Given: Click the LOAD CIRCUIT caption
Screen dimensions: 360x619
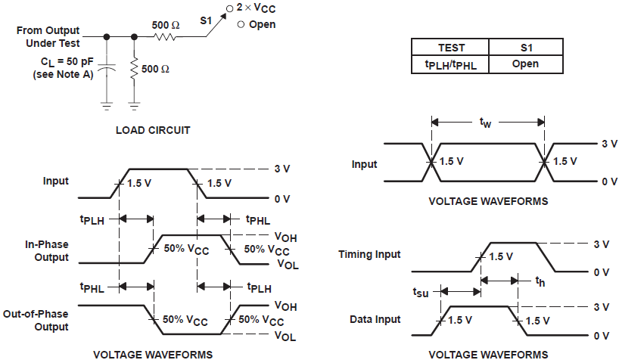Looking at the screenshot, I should click(152, 130).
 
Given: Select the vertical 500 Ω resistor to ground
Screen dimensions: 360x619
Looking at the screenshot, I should click(135, 69).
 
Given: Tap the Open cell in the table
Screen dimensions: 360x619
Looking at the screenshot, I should click(525, 64).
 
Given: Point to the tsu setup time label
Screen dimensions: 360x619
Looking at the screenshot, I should click(421, 290).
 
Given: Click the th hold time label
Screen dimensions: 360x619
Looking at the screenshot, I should click(540, 281).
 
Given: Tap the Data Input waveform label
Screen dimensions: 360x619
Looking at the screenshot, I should click(375, 320).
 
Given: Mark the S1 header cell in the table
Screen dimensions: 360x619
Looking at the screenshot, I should click(525, 48).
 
